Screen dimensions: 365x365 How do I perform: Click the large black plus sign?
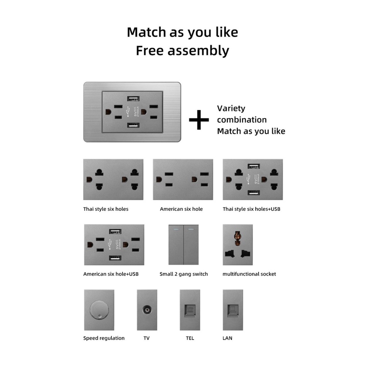tap(199, 120)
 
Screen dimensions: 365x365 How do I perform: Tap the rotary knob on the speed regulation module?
tap(99, 310)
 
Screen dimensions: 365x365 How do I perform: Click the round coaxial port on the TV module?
tap(147, 310)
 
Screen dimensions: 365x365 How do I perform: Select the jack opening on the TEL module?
tap(190, 310)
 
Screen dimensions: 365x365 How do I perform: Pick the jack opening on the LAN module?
tap(233, 311)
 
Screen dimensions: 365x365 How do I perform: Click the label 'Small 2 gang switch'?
tap(184, 274)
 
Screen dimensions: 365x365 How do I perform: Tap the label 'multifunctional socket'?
tap(249, 274)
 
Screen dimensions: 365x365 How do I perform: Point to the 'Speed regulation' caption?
tap(104, 338)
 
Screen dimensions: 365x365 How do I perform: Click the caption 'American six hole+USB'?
tap(111, 274)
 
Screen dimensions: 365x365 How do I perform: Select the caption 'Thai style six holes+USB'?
tap(252, 209)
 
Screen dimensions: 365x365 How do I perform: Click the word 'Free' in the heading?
tap(149, 51)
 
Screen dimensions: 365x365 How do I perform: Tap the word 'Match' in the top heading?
tap(146, 32)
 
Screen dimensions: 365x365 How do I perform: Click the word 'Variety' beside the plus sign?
tap(231, 109)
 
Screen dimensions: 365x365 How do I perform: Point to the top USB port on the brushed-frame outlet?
tap(133, 99)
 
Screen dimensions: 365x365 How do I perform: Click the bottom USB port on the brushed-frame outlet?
tap(133, 125)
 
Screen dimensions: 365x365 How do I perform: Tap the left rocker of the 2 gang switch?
tap(176, 245)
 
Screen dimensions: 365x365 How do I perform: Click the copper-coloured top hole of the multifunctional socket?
tap(237, 239)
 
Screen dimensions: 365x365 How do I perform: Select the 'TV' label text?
tap(146, 338)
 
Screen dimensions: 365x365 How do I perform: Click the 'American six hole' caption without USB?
tap(181, 209)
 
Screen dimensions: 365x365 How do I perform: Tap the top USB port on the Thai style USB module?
tap(254, 166)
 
